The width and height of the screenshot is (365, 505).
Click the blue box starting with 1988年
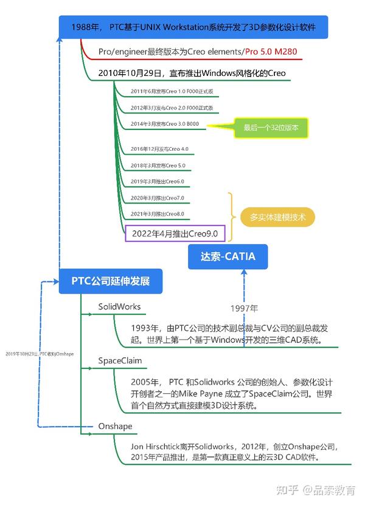tap(193, 27)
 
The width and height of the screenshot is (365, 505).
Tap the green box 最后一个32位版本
tap(276, 128)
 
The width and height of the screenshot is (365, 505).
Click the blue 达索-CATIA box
tap(228, 256)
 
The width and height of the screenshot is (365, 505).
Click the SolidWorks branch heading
tap(119, 306)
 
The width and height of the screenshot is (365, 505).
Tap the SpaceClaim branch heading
tap(120, 360)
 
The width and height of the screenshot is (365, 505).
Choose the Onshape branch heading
tap(115, 426)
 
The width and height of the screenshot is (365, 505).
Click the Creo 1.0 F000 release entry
tap(172, 92)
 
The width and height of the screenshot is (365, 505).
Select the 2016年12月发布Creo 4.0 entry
tap(159, 149)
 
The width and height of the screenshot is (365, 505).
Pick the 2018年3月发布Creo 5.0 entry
tap(158, 165)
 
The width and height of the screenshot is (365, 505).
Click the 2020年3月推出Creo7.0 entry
tap(157, 198)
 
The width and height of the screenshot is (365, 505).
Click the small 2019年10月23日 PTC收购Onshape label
tap(39, 353)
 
